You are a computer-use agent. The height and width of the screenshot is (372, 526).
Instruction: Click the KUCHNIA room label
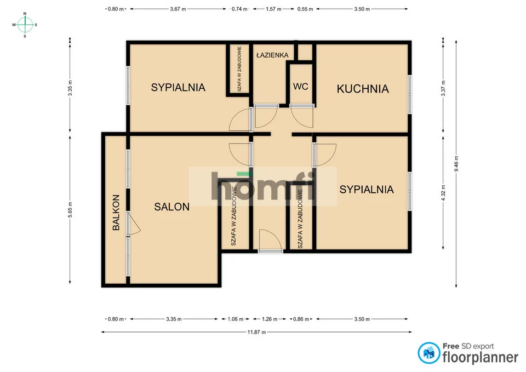click(x=363, y=89)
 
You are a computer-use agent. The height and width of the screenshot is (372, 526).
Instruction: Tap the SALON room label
click(x=171, y=207)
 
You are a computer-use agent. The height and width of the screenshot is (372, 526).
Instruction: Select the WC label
click(x=301, y=87)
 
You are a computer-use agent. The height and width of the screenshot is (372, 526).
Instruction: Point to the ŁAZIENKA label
click(x=272, y=55)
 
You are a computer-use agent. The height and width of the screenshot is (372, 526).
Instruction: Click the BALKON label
click(x=116, y=213)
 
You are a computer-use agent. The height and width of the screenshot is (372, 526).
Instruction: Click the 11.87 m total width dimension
click(x=256, y=332)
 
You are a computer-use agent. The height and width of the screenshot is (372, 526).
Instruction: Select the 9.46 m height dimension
click(x=456, y=164)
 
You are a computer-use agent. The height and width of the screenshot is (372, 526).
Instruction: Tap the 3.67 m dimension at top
click(x=178, y=9)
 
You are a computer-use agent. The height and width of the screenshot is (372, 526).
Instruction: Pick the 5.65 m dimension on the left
click(x=70, y=210)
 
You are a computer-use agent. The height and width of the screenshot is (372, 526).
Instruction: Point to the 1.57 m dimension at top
click(x=273, y=9)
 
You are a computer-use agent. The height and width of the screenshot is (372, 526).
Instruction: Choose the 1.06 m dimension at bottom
click(x=235, y=319)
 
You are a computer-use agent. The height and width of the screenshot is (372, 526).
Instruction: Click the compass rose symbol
click(x=25, y=25)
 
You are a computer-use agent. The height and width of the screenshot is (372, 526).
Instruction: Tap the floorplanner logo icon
click(x=428, y=353)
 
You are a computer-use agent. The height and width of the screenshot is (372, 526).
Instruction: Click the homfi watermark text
click(x=264, y=186)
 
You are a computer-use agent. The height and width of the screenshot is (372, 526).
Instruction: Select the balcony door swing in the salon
click(x=134, y=224)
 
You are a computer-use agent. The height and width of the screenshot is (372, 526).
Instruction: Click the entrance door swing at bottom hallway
click(x=270, y=240)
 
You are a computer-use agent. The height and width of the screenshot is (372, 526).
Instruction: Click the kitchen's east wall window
click(x=410, y=94)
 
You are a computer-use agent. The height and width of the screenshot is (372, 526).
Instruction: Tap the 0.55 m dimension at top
click(x=305, y=9)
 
